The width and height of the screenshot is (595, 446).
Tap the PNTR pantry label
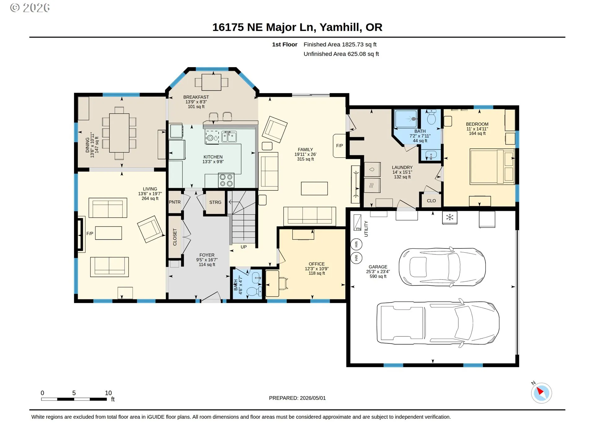175,202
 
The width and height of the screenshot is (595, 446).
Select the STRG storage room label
215,202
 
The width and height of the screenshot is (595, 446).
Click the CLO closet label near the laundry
431,201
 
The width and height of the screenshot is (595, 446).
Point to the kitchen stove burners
226,180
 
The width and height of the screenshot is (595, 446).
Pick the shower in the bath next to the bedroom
406,119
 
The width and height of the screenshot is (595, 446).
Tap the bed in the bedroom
492,167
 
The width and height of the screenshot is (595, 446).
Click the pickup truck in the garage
438,323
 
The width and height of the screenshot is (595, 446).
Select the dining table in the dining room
119,133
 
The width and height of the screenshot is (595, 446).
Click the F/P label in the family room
340,146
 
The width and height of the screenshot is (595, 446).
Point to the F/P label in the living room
90,234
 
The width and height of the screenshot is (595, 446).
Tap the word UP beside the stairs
244,247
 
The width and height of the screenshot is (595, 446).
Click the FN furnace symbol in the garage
358,223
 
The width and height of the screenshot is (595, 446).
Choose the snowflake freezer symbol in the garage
450,217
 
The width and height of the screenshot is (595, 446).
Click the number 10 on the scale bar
108,393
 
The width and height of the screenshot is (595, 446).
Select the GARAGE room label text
378,267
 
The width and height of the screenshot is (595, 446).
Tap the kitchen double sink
229,137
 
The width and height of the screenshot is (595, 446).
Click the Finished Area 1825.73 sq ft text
340,45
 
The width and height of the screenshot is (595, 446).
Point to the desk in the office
272,283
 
